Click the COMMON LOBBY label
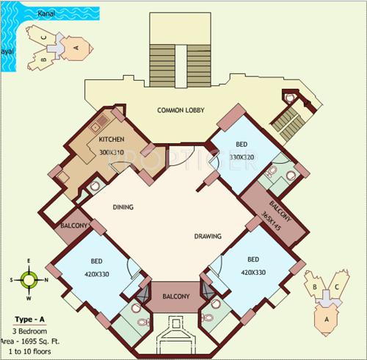[181, 111]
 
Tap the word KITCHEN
[112, 140]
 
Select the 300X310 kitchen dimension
[112, 152]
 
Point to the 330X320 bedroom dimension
[241, 156]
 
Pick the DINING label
[123, 208]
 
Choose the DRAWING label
[208, 237]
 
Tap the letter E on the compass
[29, 260]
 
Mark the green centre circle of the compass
[29, 279]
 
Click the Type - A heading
[29, 319]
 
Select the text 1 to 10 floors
[29, 350]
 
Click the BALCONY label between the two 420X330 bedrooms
[175, 297]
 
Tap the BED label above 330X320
[241, 144]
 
